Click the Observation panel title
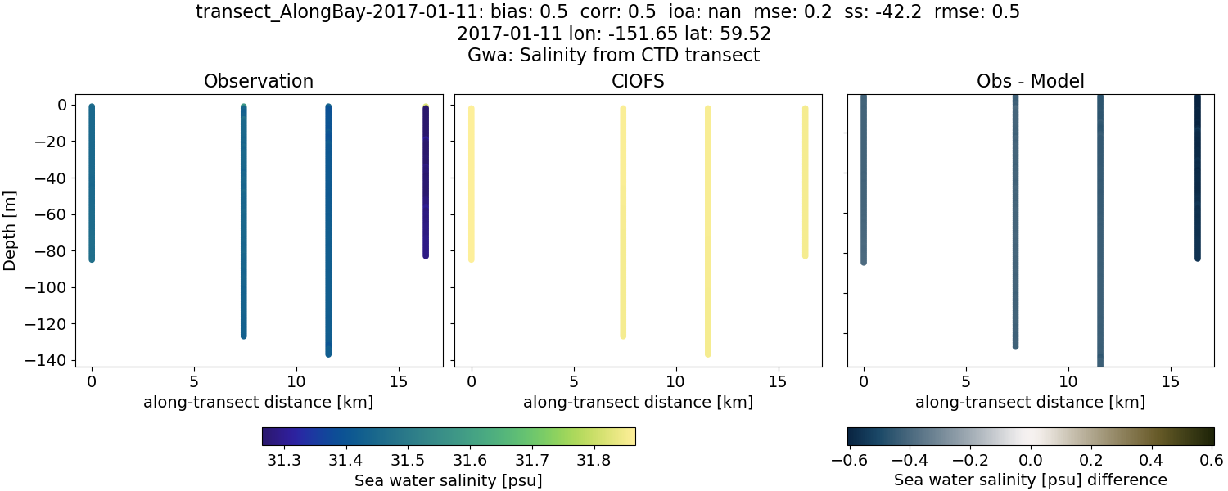coord(258,81)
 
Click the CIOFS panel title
coord(638,81)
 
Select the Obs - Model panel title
coord(1030,81)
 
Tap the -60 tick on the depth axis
coord(52,214)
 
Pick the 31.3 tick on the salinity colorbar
coord(283,460)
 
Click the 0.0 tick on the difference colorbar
coord(1030,460)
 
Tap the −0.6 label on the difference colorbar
coord(848,460)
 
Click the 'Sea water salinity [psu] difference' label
coord(1030,480)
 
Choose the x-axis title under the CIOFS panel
coord(638,402)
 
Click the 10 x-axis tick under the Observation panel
coord(296,381)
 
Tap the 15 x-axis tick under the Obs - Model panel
coord(1170,381)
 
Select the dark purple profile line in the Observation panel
coord(426,180)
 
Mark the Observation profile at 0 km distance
coord(92,180)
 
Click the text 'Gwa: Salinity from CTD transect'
coord(613,56)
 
